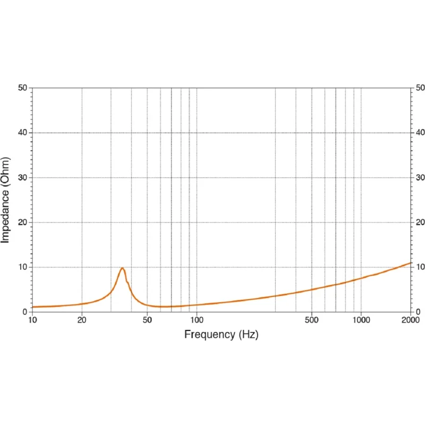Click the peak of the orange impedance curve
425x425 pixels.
pos(123,268)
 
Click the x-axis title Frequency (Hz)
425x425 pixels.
pos(221,335)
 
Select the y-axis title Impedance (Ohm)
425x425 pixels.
pos(5,200)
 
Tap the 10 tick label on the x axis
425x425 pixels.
pos(32,320)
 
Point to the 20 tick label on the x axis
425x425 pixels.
pos(82,320)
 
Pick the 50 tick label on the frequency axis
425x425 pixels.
pos(147,320)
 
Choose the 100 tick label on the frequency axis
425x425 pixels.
pos(197,320)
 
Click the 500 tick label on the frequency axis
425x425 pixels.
pos(312,320)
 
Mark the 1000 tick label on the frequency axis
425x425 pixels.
pos(361,320)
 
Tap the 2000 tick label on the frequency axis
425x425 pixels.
pos(411,320)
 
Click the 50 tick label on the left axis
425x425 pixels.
pos(23,88)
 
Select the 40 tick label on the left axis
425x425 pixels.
pos(23,132)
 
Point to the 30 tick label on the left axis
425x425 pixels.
pos(23,177)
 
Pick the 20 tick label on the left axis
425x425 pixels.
pos(23,222)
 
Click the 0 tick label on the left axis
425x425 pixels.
pos(25,312)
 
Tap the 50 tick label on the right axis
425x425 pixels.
pos(420,88)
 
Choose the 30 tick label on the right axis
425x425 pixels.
pos(420,177)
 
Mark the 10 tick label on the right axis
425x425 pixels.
pos(420,267)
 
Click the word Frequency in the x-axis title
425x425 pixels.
pos(209,335)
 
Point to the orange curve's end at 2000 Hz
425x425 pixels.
pos(411,262)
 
